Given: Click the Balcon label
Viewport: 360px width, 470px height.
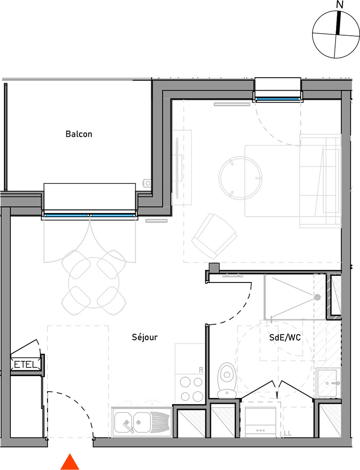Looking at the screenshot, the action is click(79, 133).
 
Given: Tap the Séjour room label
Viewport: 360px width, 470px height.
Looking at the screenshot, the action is click(144, 337).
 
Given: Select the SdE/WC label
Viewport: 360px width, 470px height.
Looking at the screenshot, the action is click(285, 337).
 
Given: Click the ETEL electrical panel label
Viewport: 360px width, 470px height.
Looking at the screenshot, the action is click(26, 365).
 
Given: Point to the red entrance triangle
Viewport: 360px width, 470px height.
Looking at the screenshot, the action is click(70, 462).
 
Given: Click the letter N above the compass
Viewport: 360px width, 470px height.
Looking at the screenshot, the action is click(340, 5).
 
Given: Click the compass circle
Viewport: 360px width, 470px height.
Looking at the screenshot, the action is click(336, 34).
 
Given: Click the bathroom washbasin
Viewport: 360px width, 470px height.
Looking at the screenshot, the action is click(329, 383).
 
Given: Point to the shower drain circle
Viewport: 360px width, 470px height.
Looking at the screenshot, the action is click(317, 298).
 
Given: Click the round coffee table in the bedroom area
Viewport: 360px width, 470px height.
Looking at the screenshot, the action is click(241, 178).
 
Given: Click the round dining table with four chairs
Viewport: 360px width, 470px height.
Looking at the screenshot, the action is click(94, 282).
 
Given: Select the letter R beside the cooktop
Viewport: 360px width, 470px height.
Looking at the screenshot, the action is click(201, 370).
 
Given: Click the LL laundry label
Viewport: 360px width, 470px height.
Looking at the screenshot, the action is click(288, 433).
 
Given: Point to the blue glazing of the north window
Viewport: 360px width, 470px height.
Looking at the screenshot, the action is click(278, 99).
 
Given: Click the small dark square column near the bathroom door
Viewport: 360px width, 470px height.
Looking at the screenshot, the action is click(214, 268).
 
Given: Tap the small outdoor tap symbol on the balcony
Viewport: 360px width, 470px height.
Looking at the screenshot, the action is click(148, 183).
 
